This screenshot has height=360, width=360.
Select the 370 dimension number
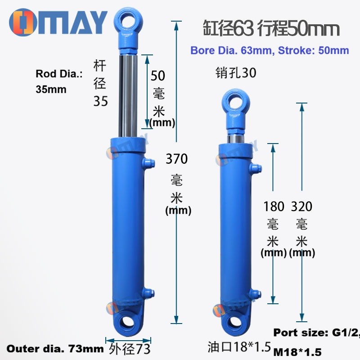click(176, 159)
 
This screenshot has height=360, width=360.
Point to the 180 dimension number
click(274, 207)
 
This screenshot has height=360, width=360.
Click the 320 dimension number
click(301, 207)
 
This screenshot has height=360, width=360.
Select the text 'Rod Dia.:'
click(59, 74)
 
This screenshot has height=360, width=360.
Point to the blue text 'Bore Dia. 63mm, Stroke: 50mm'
click(270, 50)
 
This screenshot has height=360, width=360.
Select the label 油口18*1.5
click(239, 347)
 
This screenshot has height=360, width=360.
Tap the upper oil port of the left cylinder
click(148, 162)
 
